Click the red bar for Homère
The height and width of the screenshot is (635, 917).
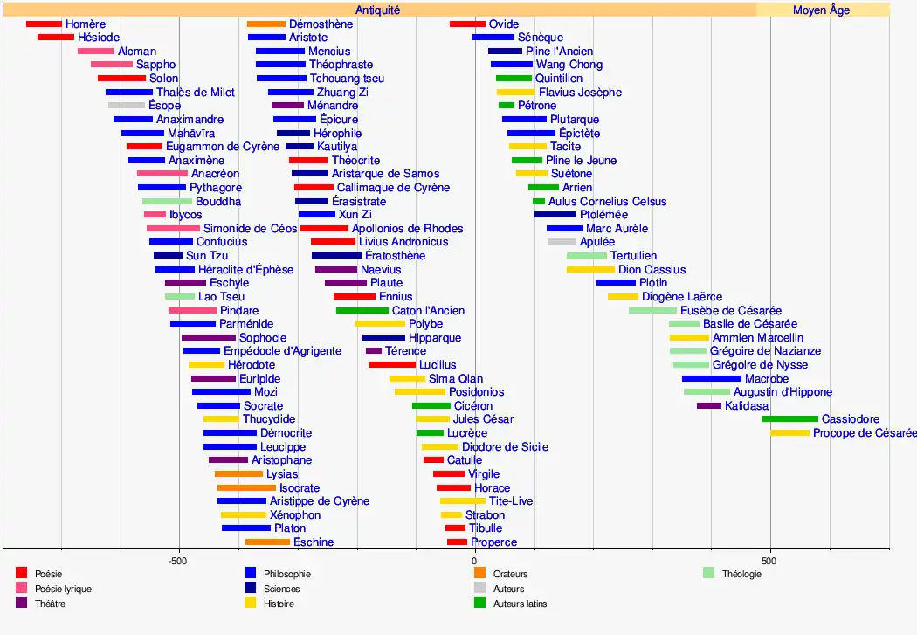tap(44, 24)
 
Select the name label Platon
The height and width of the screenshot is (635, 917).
tap(290, 528)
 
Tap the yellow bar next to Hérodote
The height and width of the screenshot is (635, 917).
tap(206, 365)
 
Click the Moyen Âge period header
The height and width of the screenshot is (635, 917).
tap(821, 10)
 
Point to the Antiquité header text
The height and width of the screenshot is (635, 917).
tap(377, 10)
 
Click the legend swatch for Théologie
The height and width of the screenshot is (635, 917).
tap(708, 574)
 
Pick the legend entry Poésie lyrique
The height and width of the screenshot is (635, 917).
tap(63, 589)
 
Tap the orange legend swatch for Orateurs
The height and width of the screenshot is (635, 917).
tap(479, 574)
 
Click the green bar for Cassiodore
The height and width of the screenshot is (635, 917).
tap(789, 419)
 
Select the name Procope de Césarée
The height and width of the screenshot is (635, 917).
tap(865, 433)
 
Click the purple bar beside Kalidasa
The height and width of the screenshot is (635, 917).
tap(709, 406)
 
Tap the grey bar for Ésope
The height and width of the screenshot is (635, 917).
tap(127, 106)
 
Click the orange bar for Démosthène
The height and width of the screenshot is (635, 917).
tap(266, 24)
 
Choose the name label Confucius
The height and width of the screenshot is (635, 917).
tap(222, 242)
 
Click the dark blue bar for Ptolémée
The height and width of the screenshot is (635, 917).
tap(555, 215)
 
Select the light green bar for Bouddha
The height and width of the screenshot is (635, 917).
tap(167, 202)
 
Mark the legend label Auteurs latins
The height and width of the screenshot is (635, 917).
tap(520, 604)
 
